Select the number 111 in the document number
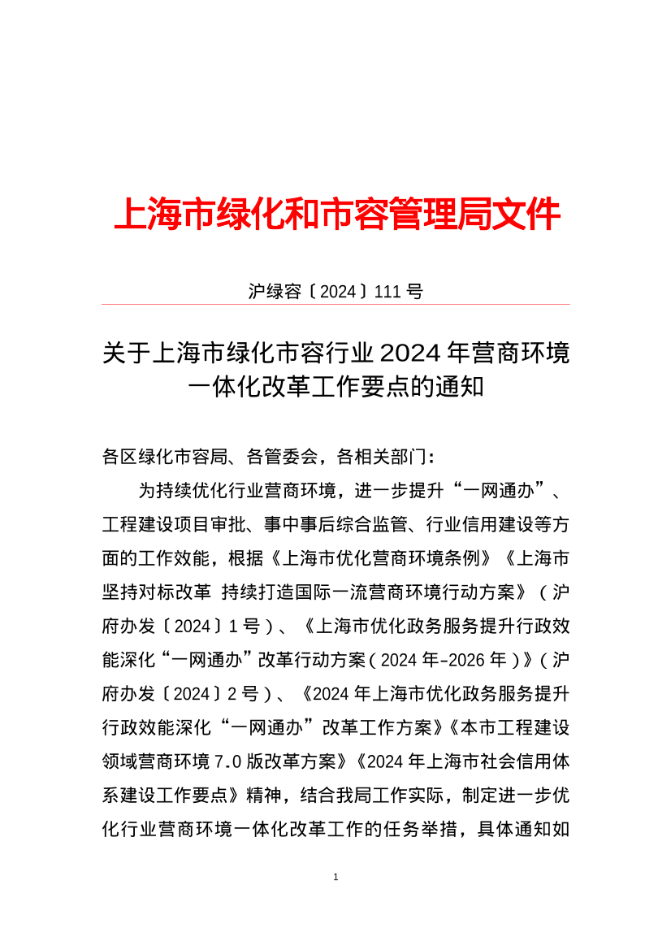(x=388, y=291)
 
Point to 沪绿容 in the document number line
(x=275, y=291)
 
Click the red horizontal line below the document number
(x=335, y=305)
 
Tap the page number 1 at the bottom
(x=335, y=878)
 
